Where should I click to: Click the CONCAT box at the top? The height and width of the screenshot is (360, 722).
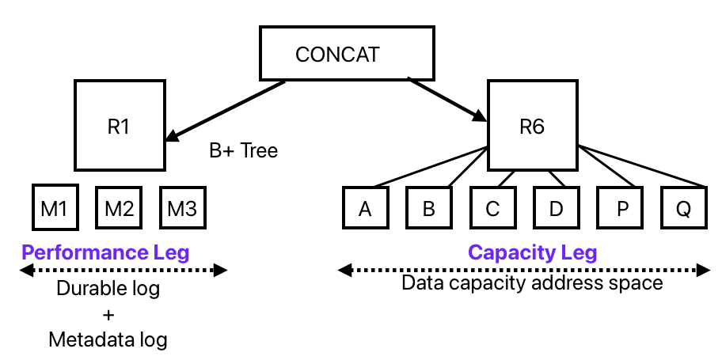click(x=347, y=55)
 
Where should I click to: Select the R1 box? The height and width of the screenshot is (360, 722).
click(x=119, y=125)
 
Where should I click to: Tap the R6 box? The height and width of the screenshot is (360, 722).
click(x=532, y=125)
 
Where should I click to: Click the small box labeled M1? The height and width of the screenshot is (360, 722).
click(x=54, y=208)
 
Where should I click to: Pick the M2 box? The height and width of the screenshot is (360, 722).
click(x=118, y=208)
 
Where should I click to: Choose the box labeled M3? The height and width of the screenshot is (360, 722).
click(x=182, y=208)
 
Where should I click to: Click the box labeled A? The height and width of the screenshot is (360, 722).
click(x=365, y=209)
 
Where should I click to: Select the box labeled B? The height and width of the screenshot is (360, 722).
click(x=429, y=209)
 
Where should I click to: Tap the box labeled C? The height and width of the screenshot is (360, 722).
click(x=492, y=209)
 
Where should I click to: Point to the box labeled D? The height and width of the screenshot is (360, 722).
click(x=556, y=209)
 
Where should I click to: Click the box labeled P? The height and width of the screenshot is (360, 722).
click(x=619, y=209)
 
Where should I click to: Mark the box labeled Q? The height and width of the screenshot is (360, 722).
click(x=682, y=209)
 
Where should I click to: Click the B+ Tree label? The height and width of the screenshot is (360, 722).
click(x=243, y=150)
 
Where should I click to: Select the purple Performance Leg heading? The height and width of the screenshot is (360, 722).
click(x=105, y=252)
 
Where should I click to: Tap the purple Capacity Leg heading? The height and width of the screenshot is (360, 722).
click(x=532, y=252)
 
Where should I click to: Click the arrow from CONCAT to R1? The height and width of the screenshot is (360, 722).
click(x=226, y=110)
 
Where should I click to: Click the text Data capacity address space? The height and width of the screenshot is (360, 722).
click(x=532, y=282)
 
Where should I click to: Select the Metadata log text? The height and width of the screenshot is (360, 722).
click(x=108, y=340)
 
